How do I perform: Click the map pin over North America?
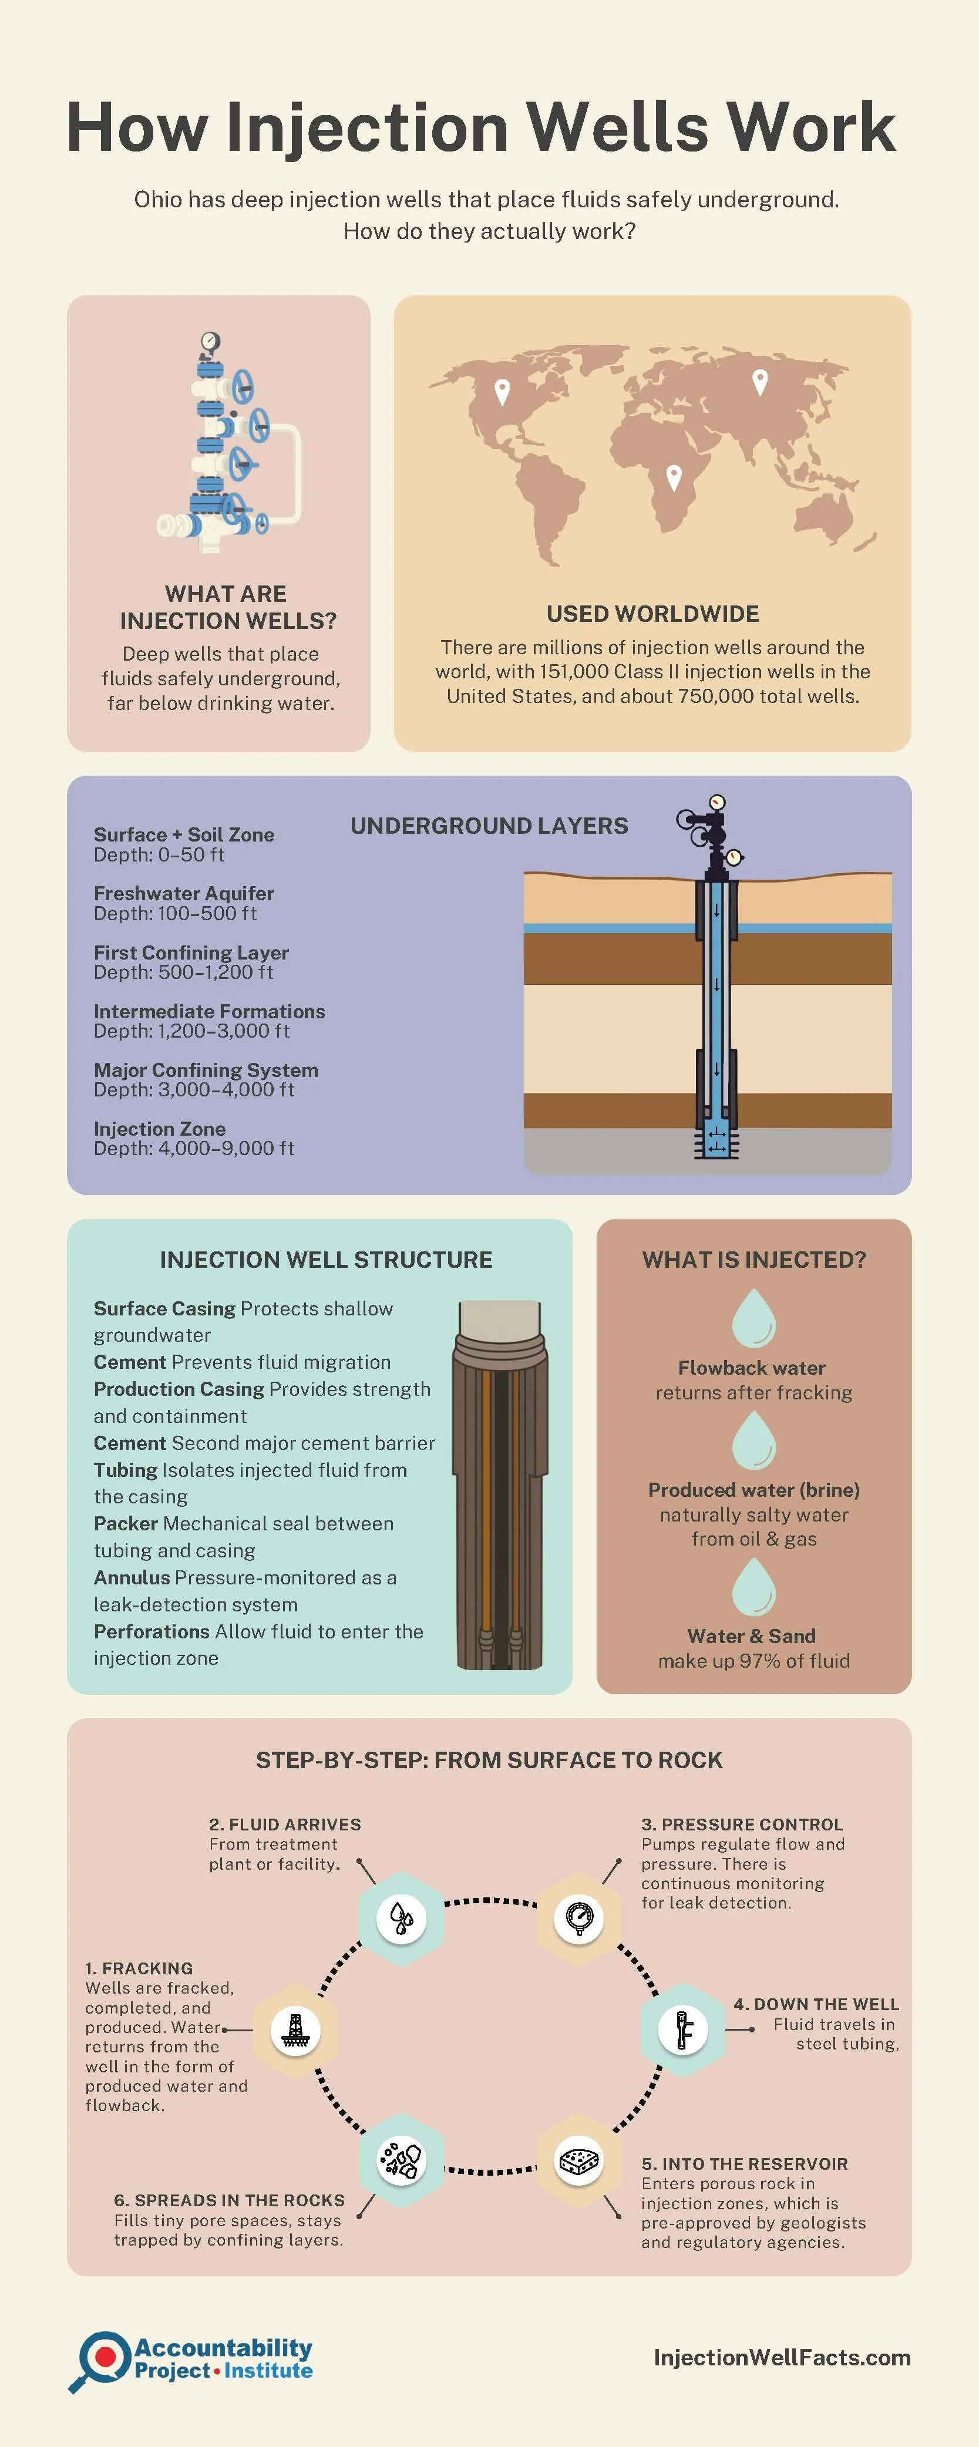(502, 391)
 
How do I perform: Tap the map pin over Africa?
(673, 476)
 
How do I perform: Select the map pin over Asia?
(760, 381)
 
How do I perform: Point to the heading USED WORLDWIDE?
(652, 614)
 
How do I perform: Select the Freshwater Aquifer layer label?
(183, 893)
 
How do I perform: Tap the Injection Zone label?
(160, 1129)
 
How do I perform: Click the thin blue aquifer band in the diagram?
(608, 928)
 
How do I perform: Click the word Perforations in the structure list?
(151, 1631)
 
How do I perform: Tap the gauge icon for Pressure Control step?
(578, 1918)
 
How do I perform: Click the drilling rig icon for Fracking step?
(295, 2030)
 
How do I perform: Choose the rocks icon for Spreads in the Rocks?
(401, 2160)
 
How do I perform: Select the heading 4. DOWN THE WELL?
(816, 2004)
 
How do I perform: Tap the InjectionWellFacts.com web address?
(782, 2357)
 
